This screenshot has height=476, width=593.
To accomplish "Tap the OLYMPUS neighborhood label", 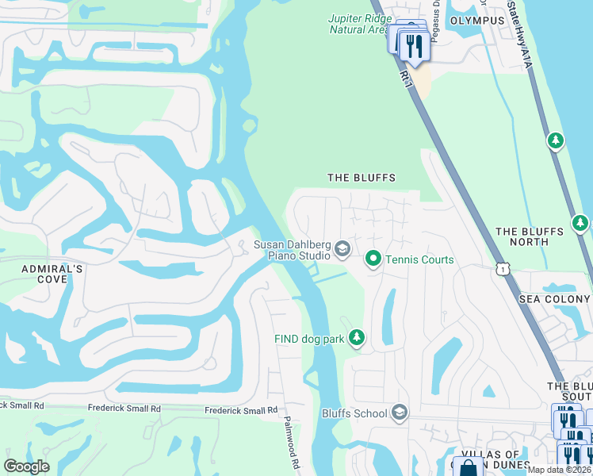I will coord(477,20).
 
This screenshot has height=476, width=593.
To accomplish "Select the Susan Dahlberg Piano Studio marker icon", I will coord(342,250).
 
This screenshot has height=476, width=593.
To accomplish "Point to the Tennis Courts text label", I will coord(419,259).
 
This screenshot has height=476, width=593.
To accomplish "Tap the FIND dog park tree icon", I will coord(357,339).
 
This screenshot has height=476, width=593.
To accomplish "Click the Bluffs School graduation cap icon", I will coord(400,413).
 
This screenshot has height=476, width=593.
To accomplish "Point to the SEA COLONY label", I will coord(554,299).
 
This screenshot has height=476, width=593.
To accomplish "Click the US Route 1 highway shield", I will coord(502,270).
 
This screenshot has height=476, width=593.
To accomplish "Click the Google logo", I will coord(27,466).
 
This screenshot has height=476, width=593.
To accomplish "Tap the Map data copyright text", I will coord(560,470).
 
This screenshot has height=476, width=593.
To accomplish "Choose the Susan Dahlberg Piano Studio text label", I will coord(292,250).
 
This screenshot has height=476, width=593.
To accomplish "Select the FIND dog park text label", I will coord(309,339).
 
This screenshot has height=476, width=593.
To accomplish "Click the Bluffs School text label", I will coord(354,413).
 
